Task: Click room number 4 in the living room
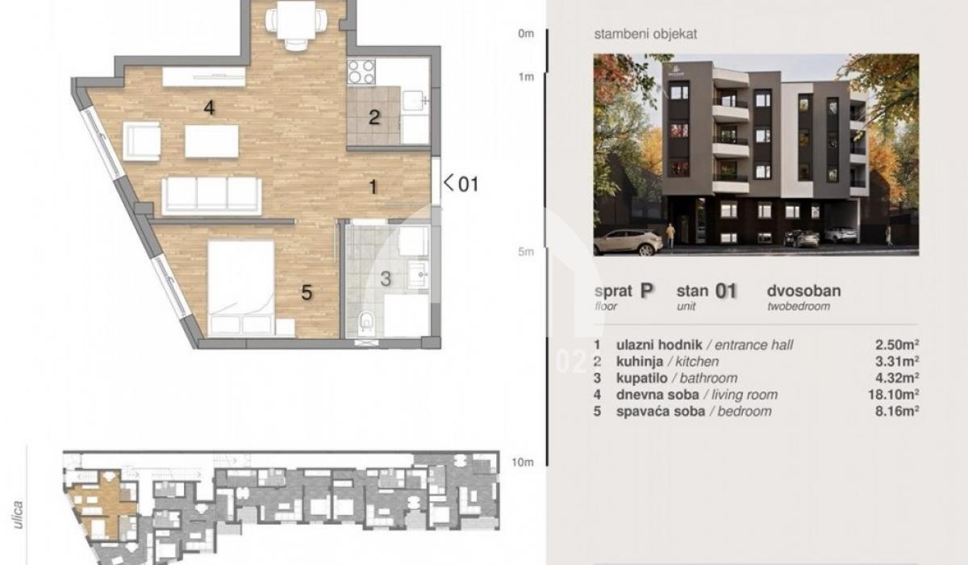(209, 107)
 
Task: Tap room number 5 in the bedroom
(307, 293)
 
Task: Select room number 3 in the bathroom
(386, 278)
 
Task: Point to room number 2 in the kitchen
(374, 117)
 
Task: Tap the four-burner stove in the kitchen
(361, 72)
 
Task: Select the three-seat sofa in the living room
(211, 196)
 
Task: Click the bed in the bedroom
(240, 288)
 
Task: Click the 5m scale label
(525, 252)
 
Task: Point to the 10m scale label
(523, 462)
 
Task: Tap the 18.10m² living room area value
(894, 394)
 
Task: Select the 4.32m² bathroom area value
(897, 378)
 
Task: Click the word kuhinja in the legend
(640, 362)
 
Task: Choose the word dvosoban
(803, 291)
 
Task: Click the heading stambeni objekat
(645, 34)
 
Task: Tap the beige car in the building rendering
(628, 242)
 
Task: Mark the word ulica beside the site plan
(18, 515)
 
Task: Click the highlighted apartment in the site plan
(102, 506)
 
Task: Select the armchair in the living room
(141, 141)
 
